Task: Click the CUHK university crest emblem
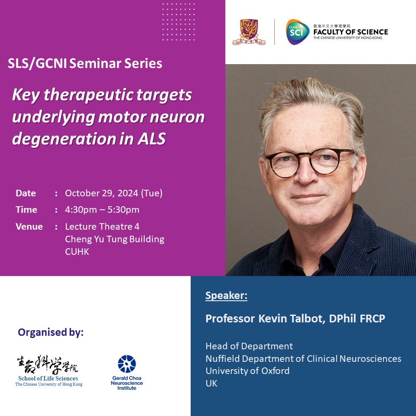pos(249,32)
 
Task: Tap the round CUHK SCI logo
pos(297,32)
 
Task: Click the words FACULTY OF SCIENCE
pos(351,32)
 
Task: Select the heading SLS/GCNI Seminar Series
pos(85,64)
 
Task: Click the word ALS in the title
pos(152,139)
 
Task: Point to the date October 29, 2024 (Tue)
pos(114,193)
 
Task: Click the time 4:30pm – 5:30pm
pos(102,210)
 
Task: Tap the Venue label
pos(29,227)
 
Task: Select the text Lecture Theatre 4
pos(102,227)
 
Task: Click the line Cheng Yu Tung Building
pos(114,239)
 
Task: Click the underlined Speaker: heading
pos(226,296)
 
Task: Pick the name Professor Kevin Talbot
pos(265,318)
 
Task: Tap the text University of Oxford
pos(247,371)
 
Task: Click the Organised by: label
pos(51,332)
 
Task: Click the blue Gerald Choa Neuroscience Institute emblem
pos(127,364)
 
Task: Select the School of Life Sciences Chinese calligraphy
pos(48,365)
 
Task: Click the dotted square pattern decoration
pos(179,22)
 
